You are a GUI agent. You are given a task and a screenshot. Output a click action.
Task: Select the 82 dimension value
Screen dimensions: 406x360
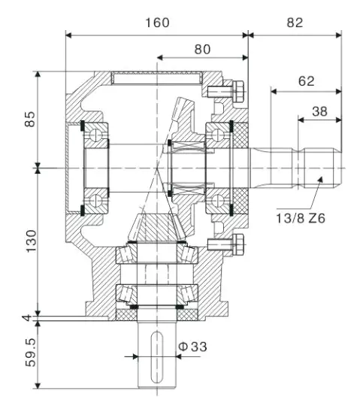point(295,23)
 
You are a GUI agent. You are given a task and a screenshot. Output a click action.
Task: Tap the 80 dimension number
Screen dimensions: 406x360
point(202,50)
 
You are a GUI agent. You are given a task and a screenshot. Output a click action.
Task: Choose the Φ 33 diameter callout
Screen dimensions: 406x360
point(192,347)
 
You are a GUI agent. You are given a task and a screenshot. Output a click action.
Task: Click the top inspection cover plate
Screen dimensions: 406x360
point(157,77)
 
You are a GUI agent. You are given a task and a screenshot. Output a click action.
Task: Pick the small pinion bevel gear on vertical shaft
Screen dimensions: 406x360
point(157,226)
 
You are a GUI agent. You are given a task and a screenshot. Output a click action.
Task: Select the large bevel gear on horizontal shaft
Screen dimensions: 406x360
point(183,150)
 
